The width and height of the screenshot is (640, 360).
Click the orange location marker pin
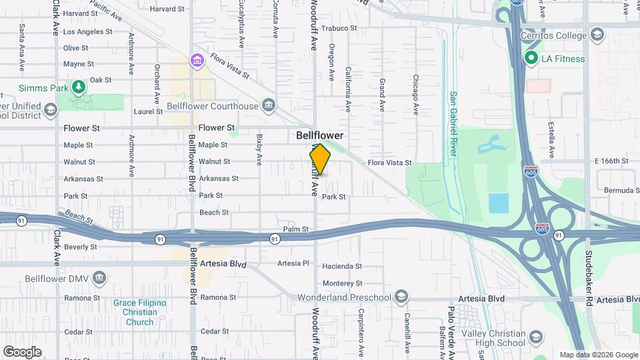[320, 159]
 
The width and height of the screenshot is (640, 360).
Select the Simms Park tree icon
[79, 87]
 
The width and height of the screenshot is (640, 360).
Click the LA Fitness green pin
[531, 59]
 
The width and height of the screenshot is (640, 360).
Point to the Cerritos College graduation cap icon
[597, 35]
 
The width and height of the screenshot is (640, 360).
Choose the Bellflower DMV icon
[99, 277]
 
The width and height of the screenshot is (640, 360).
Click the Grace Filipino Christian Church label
[139, 312]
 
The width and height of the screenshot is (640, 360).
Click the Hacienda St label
[341, 266]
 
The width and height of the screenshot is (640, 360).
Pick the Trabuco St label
[339, 29]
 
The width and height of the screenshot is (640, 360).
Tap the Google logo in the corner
[22, 351]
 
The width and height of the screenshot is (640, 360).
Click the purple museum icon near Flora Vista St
[197, 61]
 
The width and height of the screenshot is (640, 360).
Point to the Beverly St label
[81, 247]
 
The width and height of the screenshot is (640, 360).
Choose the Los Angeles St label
[87, 31]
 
